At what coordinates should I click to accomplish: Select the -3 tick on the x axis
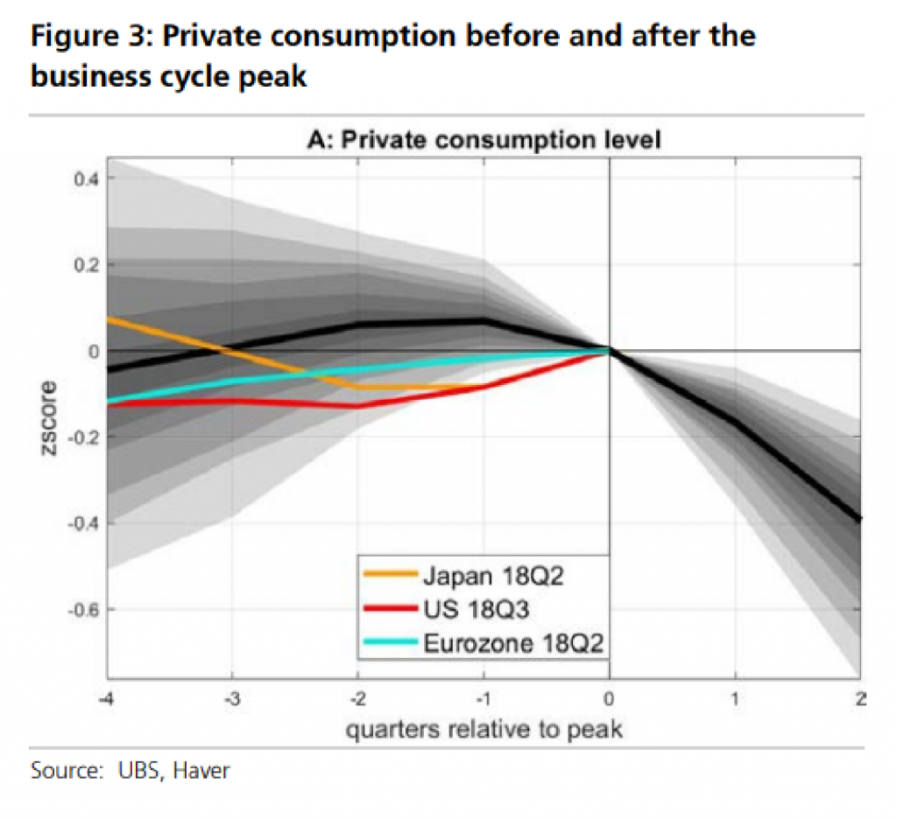[231, 699]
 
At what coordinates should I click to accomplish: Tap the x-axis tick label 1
[735, 699]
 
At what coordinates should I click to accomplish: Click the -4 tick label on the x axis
[106, 699]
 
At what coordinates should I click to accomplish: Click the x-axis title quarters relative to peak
[484, 729]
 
